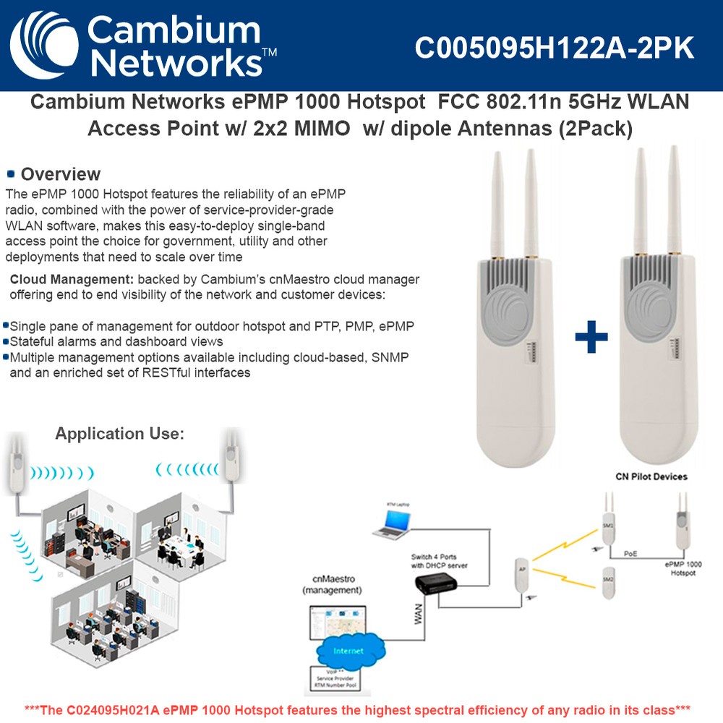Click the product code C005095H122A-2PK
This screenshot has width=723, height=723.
click(555, 48)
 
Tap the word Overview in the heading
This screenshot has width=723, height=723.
click(61, 174)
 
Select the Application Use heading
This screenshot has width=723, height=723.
click(120, 434)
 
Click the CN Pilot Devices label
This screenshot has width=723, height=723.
click(651, 476)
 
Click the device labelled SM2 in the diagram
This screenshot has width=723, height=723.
click(609, 581)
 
